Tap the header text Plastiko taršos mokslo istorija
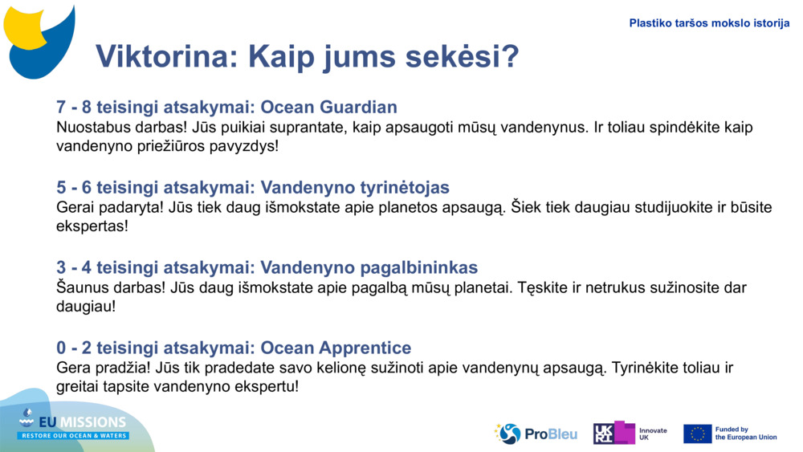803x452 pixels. click(709, 23)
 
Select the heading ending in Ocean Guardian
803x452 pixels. click(226, 108)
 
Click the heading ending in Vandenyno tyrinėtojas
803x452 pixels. click(252, 188)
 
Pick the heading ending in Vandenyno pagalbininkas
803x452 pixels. click(267, 267)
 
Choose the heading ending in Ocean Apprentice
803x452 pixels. click(234, 348)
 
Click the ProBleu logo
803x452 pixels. click(536, 434)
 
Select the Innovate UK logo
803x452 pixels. click(630, 434)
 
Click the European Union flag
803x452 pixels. click(697, 434)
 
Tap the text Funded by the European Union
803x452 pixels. click(746, 434)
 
